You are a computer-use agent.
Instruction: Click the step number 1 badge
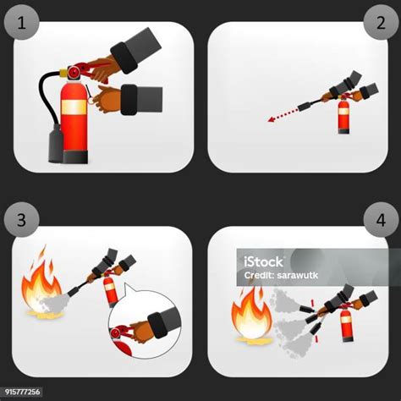click(21, 22)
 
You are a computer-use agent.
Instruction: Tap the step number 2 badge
click(381, 22)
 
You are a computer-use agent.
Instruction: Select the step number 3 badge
click(21, 220)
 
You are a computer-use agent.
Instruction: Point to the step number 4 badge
click(381, 220)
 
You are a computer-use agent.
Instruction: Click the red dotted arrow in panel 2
click(283, 114)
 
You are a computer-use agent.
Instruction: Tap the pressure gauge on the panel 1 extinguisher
click(74, 73)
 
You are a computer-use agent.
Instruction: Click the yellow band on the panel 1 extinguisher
click(74, 107)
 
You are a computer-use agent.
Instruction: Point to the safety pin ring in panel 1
click(91, 100)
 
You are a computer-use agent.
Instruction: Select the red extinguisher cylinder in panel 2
click(343, 116)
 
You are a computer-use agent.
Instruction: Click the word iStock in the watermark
click(263, 261)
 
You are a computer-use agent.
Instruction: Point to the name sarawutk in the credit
click(298, 275)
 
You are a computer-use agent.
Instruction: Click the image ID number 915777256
click(23, 392)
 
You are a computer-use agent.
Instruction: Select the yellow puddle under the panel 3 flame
click(45, 316)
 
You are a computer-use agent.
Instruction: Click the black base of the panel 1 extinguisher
click(75, 157)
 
